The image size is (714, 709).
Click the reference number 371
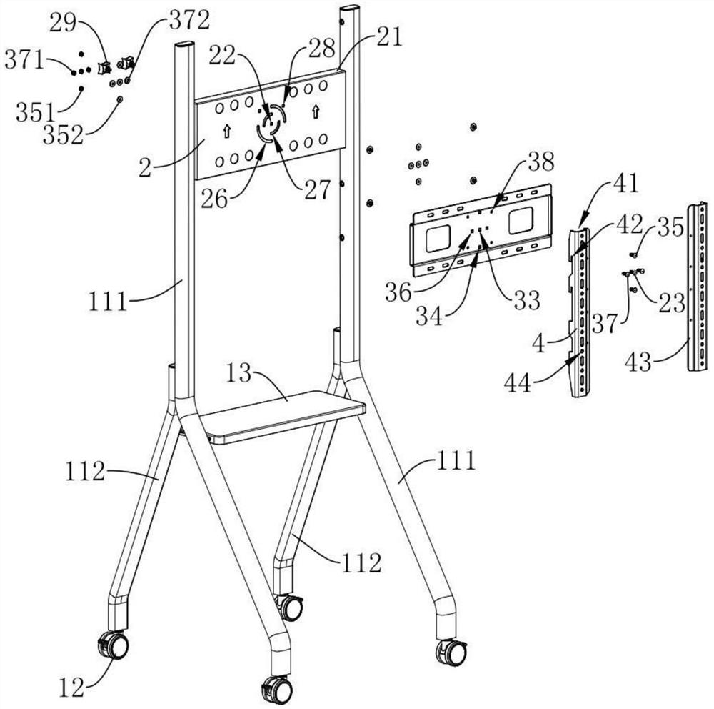click(x=24, y=60)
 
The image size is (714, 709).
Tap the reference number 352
click(x=64, y=135)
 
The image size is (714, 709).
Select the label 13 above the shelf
click(x=239, y=373)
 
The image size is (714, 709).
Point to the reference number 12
click(x=72, y=687)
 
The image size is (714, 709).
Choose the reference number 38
click(x=541, y=161)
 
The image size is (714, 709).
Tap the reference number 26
click(x=214, y=199)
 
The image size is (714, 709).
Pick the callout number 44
click(x=518, y=383)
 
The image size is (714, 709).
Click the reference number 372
click(x=189, y=21)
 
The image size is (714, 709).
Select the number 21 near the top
click(x=391, y=37)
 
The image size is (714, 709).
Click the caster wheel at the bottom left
click(x=114, y=645)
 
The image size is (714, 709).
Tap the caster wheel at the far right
click(x=451, y=653)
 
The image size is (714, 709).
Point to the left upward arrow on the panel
click(x=226, y=132)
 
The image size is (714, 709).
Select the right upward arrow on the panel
click(x=315, y=111)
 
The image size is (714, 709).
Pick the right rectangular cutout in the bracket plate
click(x=521, y=221)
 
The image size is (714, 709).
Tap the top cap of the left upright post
click(x=185, y=46)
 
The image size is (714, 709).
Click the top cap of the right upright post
click(x=350, y=9)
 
